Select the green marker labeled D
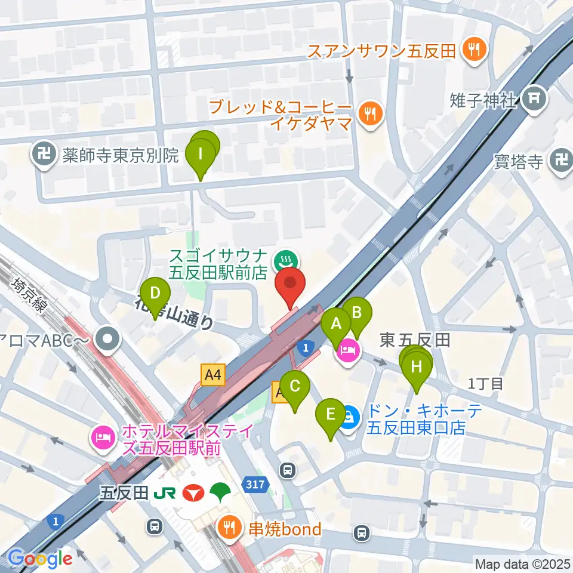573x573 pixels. [155, 294]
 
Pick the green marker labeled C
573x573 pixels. [295, 386]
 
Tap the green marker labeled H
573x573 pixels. [416, 366]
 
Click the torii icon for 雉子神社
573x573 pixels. [533, 100]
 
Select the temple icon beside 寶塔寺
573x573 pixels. [560, 161]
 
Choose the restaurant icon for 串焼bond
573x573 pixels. [229, 528]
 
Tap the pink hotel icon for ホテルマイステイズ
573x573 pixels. [101, 439]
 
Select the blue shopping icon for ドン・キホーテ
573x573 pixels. [350, 414]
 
